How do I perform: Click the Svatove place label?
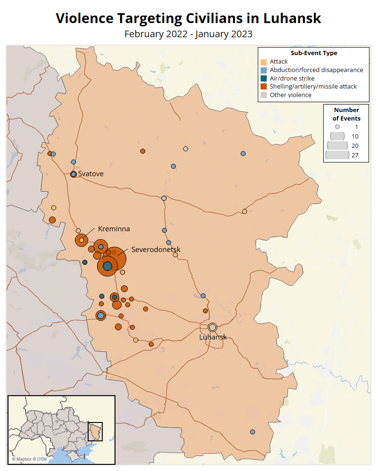tap(90, 174)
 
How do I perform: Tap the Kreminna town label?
tap(114, 229)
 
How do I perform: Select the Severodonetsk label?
tap(156, 249)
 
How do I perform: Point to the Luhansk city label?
tap(213, 337)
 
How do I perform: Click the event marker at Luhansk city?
tap(213, 327)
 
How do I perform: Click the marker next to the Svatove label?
tap(74, 174)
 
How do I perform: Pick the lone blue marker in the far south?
tap(253, 432)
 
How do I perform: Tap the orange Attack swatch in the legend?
tap(264, 62)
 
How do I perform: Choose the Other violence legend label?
tap(290, 95)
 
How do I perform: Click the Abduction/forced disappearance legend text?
tap(316, 70)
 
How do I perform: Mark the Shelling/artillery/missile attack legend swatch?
tap(264, 87)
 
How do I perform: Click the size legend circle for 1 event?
tap(337, 127)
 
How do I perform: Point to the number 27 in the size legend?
tap(355, 154)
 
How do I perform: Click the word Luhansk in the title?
tap(292, 18)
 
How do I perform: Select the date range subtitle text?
tap(188, 34)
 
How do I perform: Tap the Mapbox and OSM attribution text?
tap(29, 459)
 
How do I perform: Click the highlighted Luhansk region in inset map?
tap(96, 431)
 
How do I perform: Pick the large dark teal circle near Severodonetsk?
tap(107, 266)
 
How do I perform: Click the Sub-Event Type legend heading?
tap(313, 53)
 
